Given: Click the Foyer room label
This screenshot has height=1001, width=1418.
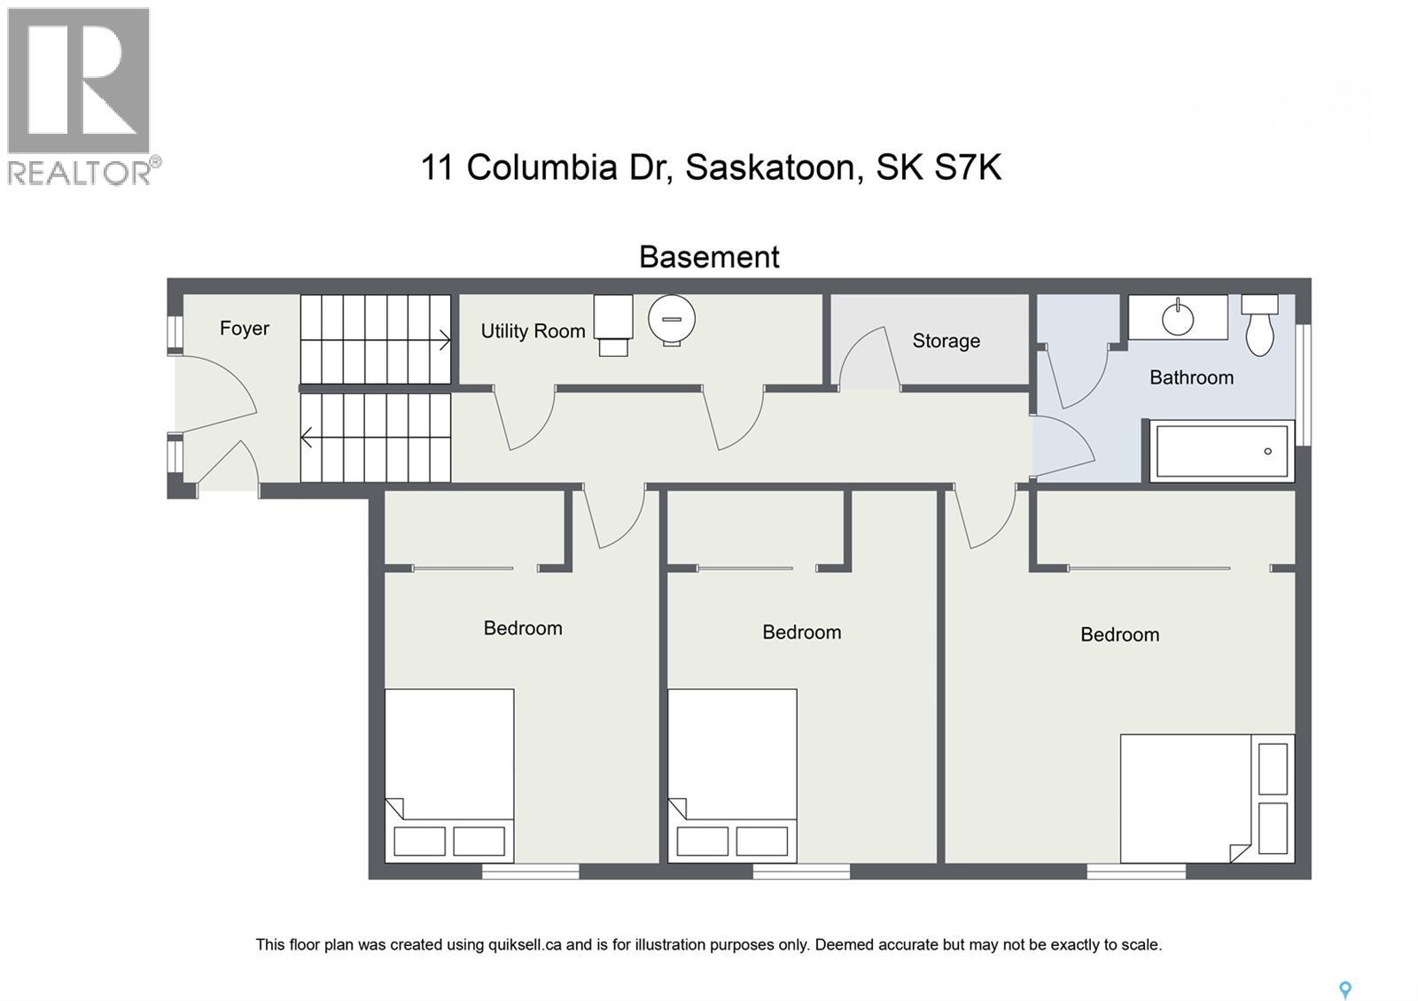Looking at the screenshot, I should (244, 329).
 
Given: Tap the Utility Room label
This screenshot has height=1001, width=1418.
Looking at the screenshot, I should (533, 331).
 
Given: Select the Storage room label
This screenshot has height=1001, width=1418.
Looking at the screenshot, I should (946, 341).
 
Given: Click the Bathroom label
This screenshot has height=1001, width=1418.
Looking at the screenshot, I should (1191, 377).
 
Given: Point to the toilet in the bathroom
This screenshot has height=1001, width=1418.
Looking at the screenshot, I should (1259, 326).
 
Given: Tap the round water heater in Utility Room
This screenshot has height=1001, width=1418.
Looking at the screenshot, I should (671, 319).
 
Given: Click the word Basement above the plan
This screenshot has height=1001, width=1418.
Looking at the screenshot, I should (709, 257).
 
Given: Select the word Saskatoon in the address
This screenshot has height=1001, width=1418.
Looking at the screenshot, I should (770, 167).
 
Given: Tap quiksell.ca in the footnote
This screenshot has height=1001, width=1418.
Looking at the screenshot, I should (525, 944).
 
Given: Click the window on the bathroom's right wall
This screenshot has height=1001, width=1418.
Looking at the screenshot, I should (1303, 384).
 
